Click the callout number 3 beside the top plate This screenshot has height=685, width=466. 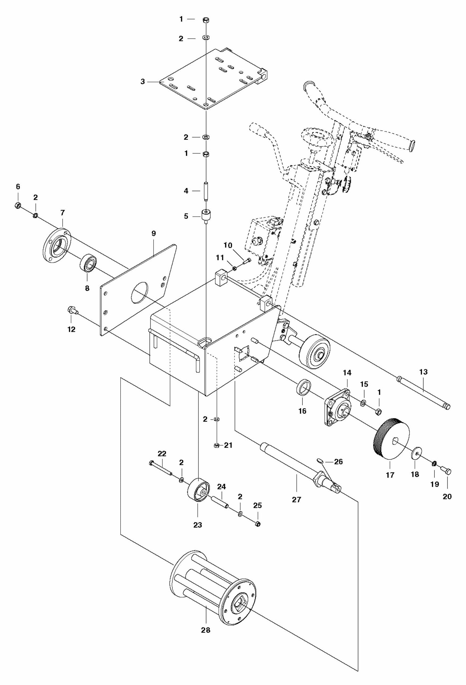(143, 82)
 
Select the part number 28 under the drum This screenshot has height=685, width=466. (206, 630)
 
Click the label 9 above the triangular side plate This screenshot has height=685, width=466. (154, 233)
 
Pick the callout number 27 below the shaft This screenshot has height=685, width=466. (296, 499)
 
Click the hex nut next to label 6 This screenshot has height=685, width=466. (17, 205)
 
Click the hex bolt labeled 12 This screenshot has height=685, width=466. (72, 310)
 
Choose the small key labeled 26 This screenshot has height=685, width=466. (320, 460)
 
